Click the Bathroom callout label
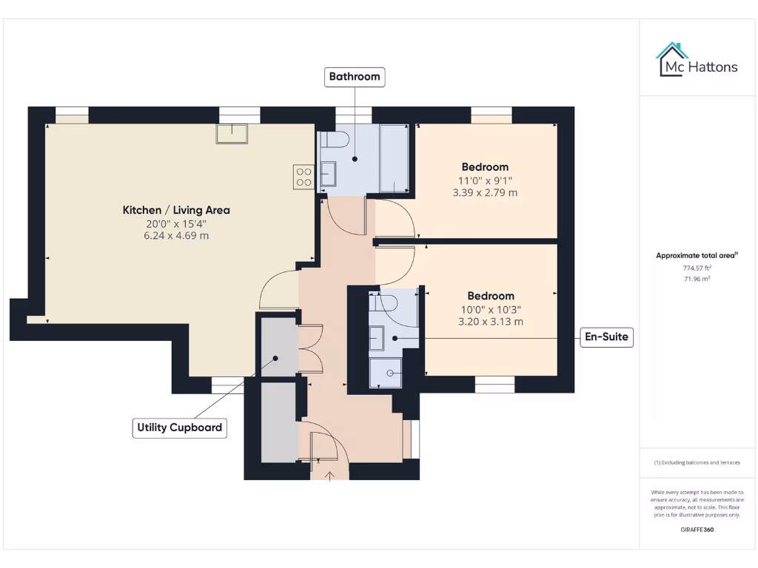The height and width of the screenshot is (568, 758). pyautogui.click(x=355, y=76)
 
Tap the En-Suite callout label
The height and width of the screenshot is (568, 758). pyautogui.click(x=606, y=337)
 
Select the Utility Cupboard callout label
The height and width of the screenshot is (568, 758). pyautogui.click(x=179, y=427)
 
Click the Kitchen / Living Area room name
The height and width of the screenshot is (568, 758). pyautogui.click(x=176, y=210)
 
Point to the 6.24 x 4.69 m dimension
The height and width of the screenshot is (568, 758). pyautogui.click(x=176, y=235)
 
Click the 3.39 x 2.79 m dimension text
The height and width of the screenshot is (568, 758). pyautogui.click(x=485, y=192)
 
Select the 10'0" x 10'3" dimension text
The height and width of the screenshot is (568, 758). pyautogui.click(x=485, y=309)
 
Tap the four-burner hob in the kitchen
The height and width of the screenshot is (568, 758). pyautogui.click(x=303, y=177)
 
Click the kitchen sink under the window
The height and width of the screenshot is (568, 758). pyautogui.click(x=232, y=133)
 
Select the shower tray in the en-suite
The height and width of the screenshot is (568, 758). pyautogui.click(x=386, y=374)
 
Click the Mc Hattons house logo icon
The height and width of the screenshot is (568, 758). pyautogui.click(x=673, y=60)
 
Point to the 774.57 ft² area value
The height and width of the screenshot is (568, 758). pyautogui.click(x=697, y=268)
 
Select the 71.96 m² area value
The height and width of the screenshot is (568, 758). pyautogui.click(x=697, y=279)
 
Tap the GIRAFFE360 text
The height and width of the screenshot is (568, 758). pyautogui.click(x=697, y=530)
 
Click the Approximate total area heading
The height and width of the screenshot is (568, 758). pyautogui.click(x=697, y=255)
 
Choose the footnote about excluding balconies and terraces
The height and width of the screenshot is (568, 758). pyautogui.click(x=697, y=462)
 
